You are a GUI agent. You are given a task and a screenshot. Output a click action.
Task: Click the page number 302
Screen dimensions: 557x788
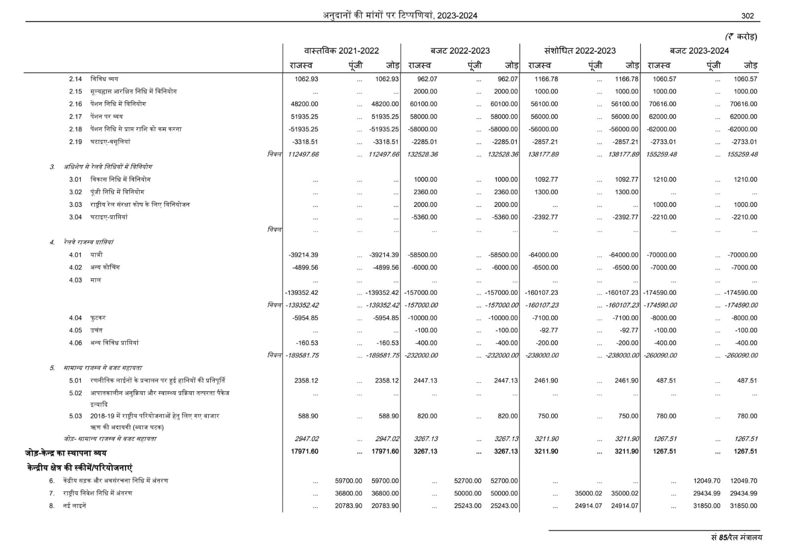pos(747,16)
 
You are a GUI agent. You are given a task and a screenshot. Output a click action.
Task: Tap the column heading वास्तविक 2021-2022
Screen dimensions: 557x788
pos(341,51)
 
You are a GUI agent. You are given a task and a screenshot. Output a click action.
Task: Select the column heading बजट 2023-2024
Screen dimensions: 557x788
pos(699,51)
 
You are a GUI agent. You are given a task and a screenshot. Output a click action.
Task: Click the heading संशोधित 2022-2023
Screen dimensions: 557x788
pos(580,51)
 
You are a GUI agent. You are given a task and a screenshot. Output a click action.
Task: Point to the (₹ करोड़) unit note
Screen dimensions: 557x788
pos(741,36)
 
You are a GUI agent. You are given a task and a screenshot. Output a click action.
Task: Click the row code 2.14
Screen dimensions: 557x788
pos(75,79)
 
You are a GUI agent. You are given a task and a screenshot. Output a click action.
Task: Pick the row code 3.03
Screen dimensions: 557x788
pos(75,204)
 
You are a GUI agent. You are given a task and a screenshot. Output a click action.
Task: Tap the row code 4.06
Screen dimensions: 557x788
pos(75,343)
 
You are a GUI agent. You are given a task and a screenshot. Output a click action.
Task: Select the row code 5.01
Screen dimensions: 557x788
pos(75,381)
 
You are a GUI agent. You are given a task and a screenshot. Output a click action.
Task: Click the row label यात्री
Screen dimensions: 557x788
pos(96,255)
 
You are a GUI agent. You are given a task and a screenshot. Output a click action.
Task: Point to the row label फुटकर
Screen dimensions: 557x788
pos(98,318)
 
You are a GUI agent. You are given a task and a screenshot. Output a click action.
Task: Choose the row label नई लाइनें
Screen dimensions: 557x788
pos(74,506)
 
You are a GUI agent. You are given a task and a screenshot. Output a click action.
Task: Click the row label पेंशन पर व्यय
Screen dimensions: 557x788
pos(106,117)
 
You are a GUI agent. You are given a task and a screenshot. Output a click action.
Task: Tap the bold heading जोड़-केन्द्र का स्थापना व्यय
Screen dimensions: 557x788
pos(66,453)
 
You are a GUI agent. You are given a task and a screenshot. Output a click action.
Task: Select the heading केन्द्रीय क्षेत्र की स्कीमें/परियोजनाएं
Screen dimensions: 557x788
pos(79,467)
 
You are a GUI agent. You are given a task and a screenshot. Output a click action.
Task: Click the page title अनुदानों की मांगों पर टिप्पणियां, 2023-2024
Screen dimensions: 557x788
pos(400,16)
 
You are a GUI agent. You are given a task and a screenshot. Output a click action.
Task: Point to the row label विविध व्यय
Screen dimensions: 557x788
pos(104,79)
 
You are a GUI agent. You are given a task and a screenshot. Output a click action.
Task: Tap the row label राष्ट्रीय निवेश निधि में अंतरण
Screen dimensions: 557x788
pos(98,493)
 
